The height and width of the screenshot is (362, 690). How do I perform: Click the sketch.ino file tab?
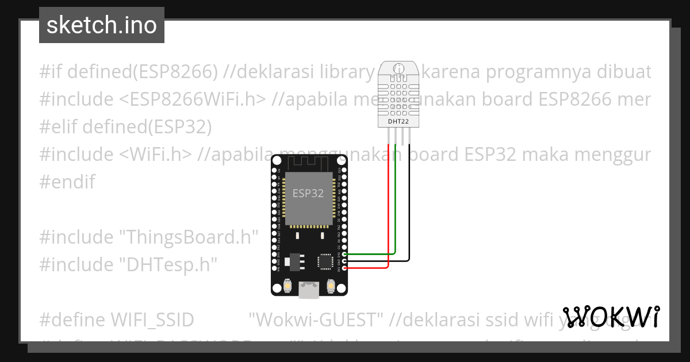point(102,25)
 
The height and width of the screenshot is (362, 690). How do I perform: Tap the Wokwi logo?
point(611,317)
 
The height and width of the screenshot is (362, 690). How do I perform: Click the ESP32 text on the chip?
point(308,194)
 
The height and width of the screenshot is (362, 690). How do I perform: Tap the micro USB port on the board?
point(309,291)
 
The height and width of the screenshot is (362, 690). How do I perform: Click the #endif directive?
point(67,182)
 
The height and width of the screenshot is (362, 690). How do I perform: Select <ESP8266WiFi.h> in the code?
point(193,99)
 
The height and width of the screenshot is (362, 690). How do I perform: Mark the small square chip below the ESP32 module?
point(325,261)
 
